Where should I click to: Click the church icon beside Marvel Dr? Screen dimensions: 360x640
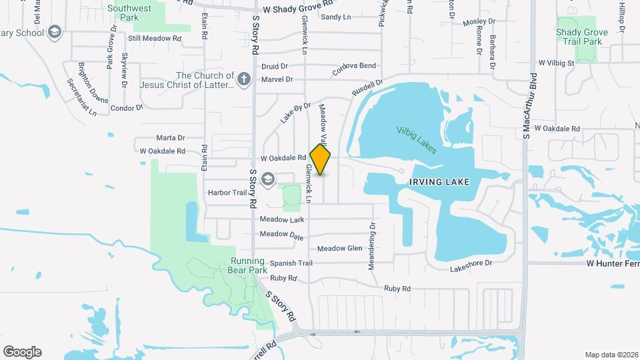pos(245,80)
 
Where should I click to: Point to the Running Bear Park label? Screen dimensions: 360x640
pos(249,265)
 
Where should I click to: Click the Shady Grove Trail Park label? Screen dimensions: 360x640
pos(581,37)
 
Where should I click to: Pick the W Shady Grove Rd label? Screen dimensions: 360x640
pos(297,9)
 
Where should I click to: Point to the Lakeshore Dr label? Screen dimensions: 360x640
pos(471,264)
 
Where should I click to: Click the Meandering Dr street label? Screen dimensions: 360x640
pos(372,247)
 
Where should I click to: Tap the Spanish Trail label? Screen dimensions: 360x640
pos(291,263)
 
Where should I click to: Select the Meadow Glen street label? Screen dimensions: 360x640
pos(339,249)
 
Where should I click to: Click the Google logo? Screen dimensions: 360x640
pos(22,352)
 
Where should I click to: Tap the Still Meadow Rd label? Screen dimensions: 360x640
pos(155,39)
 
